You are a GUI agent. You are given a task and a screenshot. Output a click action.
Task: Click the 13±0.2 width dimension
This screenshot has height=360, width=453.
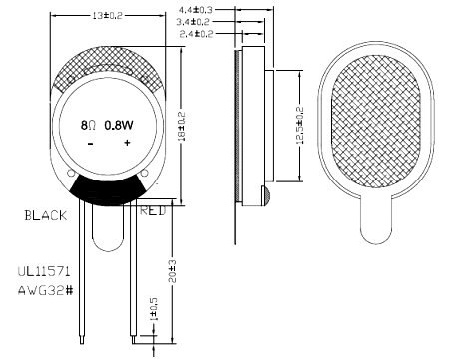point(107,16)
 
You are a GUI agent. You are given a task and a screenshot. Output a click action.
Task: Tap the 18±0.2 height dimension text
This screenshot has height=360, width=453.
point(182,127)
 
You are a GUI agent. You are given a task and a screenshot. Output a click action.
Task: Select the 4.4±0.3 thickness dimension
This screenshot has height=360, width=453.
point(195,10)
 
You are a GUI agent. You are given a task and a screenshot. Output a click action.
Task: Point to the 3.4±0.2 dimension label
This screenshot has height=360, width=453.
point(193,22)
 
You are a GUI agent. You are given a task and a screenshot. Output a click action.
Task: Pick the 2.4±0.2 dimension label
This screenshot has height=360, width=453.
point(196,34)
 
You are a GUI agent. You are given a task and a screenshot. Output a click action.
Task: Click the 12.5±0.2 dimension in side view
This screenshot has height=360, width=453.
point(300,125)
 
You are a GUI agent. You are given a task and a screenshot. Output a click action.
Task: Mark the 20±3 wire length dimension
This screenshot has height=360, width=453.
point(173,271)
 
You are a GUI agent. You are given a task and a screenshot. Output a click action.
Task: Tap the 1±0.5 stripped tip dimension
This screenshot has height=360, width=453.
point(154,309)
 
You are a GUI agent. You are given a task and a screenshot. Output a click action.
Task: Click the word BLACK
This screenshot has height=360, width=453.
point(46,215)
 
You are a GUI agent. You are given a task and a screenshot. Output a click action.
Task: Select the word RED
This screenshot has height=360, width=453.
point(153,210)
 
